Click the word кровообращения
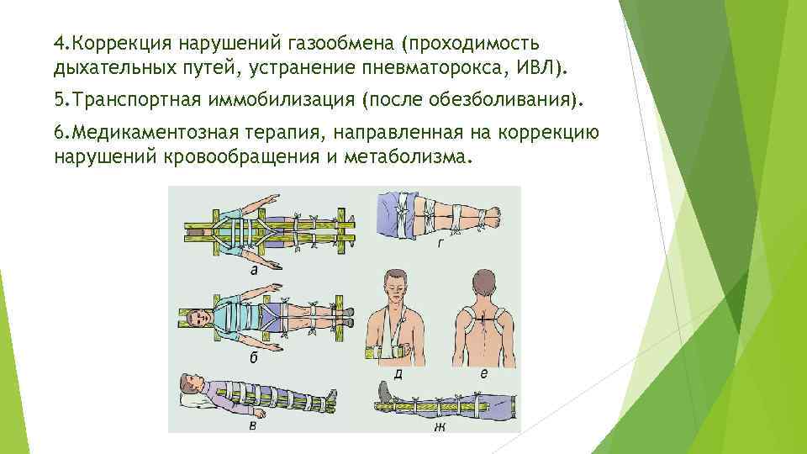tap(244, 157)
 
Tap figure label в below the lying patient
tap(252, 424)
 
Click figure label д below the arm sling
tap(398, 374)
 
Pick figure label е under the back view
tap(482, 374)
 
